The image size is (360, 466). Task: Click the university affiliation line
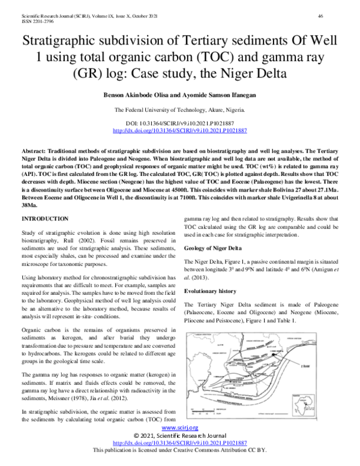tap(179, 110)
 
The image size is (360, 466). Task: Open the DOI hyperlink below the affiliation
tap(179, 130)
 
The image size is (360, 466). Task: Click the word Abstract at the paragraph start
tap(35, 146)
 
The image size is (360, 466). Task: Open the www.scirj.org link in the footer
tap(179, 427)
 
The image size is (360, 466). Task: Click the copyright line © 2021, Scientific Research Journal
tap(179, 435)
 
